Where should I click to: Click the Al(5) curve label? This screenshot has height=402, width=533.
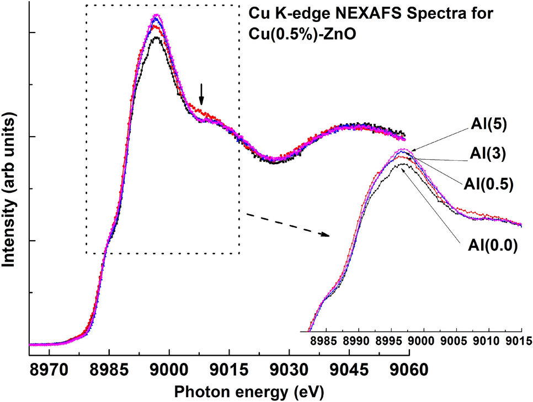point(489,124)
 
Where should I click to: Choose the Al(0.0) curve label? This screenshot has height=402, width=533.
point(493,246)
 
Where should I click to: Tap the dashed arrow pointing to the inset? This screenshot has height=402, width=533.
point(287,225)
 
